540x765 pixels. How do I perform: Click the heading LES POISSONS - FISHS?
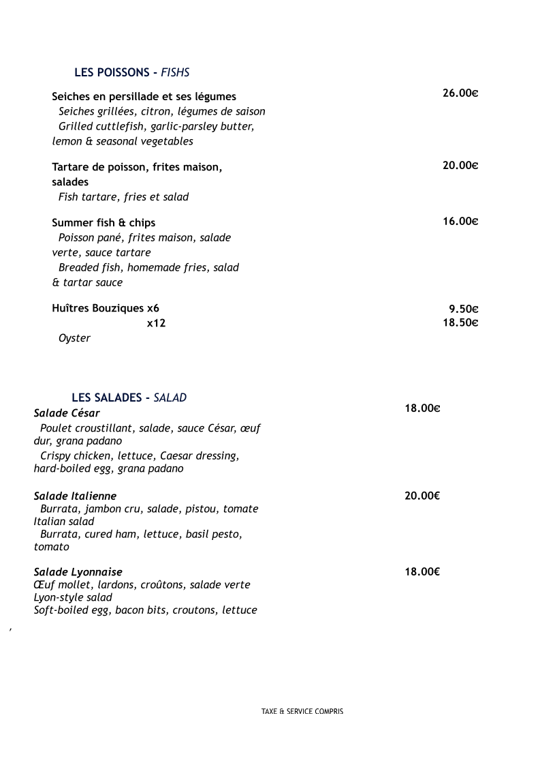pyautogui.click(x=131, y=72)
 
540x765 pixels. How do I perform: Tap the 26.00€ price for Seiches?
pyautogui.click(x=460, y=93)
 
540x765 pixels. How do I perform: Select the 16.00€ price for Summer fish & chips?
pyautogui.click(x=460, y=221)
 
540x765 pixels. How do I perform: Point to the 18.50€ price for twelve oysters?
pyautogui.click(x=460, y=322)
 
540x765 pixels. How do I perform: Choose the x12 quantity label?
pyautogui.click(x=156, y=323)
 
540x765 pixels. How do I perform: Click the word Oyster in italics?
pyautogui.click(x=74, y=338)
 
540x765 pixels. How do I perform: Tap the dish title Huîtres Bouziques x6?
pyautogui.click(x=106, y=308)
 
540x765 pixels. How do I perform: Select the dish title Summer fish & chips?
pyautogui.click(x=104, y=222)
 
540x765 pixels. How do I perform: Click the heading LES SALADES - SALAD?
pyautogui.click(x=129, y=397)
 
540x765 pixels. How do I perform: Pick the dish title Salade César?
pyautogui.click(x=67, y=413)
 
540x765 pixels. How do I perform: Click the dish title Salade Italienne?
pyautogui.click(x=75, y=496)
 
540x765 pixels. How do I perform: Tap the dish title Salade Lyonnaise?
pyautogui.click(x=78, y=571)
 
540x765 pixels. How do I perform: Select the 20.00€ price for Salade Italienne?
pyautogui.click(x=422, y=496)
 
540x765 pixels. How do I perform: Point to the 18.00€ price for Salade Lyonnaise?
pyautogui.click(x=422, y=571)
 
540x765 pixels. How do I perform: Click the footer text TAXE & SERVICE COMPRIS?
pyautogui.click(x=302, y=711)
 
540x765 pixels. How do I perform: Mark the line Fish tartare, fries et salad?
pyautogui.click(x=123, y=197)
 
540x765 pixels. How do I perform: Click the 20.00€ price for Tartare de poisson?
pyautogui.click(x=460, y=165)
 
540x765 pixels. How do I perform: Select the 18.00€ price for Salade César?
pyautogui.click(x=422, y=408)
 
